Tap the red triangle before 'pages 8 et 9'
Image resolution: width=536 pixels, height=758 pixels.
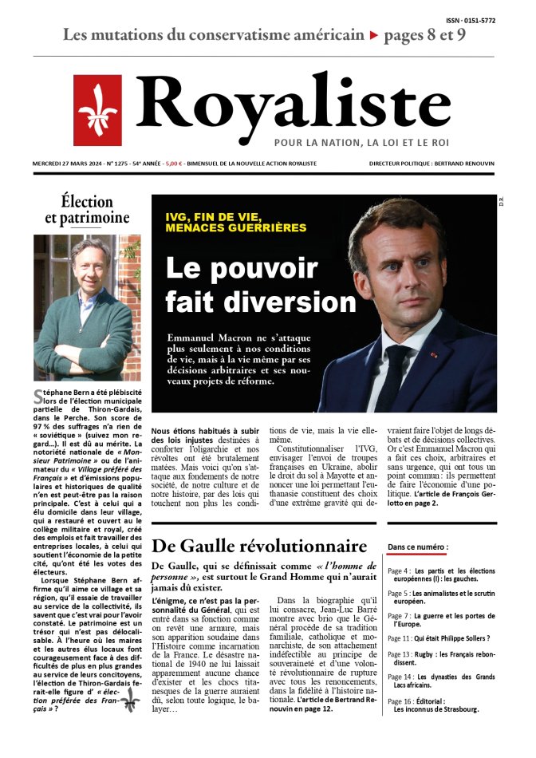click(x=373, y=36)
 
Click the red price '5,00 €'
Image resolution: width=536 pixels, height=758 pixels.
click(x=173, y=164)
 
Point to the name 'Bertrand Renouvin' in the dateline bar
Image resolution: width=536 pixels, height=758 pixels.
click(x=466, y=164)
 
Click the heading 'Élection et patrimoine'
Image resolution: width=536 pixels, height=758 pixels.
click(x=87, y=209)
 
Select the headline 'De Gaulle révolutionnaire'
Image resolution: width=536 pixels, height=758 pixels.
click(x=259, y=547)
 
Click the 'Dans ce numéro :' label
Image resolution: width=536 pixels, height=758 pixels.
click(x=417, y=547)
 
